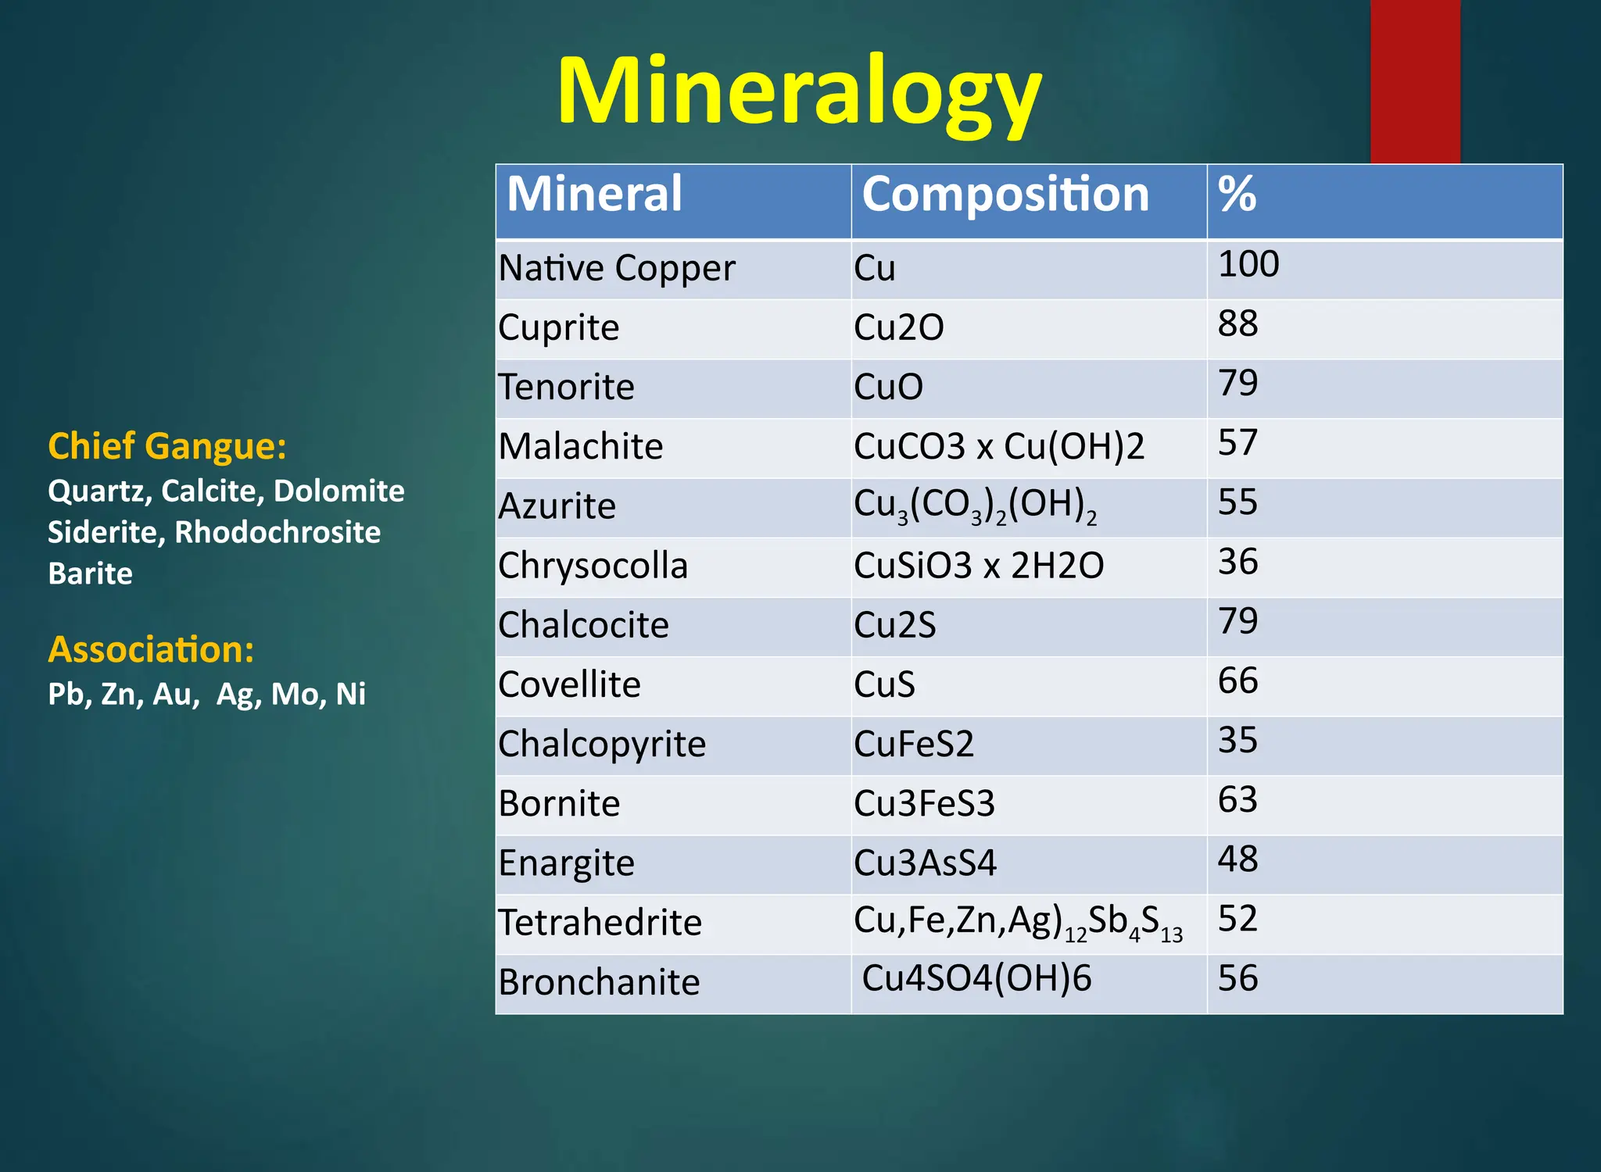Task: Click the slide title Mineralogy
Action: (799, 92)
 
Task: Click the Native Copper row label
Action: (617, 269)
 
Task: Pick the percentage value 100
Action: (1248, 264)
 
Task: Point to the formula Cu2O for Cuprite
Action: (898, 327)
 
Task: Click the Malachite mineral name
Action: (581, 447)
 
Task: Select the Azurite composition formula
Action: (975, 506)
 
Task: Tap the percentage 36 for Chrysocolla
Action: (1237, 562)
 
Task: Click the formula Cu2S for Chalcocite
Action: (894, 625)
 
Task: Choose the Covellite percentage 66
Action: (1237, 681)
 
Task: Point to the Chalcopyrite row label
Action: (602, 744)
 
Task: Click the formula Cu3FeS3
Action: (924, 803)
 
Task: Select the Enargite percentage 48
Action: (1237, 859)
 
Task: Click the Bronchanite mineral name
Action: (599, 982)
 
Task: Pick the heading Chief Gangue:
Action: (167, 447)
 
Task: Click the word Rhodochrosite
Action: (278, 532)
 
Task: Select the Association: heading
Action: (151, 650)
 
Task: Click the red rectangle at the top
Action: (1415, 78)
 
